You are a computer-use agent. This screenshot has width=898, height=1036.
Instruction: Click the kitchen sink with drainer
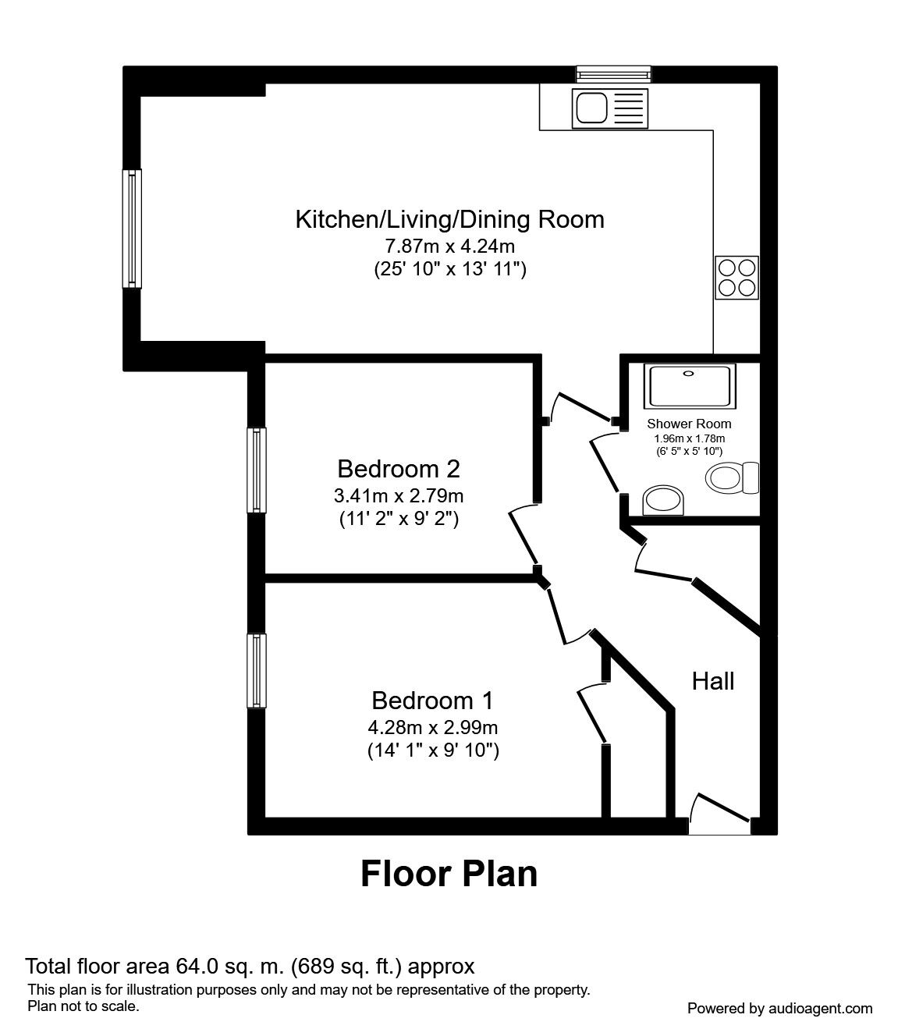click(x=610, y=108)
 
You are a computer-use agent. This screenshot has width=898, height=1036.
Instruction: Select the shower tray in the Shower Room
click(x=688, y=385)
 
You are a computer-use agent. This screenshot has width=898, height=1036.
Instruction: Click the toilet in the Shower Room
click(x=733, y=477)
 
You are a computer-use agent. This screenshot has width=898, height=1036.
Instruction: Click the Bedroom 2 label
click(x=398, y=469)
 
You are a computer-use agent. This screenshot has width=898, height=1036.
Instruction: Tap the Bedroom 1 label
click(x=432, y=700)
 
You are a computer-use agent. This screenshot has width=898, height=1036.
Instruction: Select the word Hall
click(x=713, y=681)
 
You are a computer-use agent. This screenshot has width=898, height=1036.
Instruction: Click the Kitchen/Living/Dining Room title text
click(x=449, y=219)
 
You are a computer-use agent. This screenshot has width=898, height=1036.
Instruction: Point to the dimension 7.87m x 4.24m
click(x=449, y=247)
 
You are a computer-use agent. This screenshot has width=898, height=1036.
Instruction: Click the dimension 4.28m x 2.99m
click(x=432, y=728)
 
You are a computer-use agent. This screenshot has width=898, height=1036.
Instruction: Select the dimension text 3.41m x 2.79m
click(x=398, y=495)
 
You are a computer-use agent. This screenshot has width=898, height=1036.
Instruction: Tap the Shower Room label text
click(x=689, y=424)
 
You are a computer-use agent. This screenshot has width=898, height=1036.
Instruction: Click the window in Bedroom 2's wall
click(x=257, y=470)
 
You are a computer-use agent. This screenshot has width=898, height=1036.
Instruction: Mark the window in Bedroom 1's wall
click(x=257, y=670)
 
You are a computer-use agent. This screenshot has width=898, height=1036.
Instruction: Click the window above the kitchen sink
click(x=612, y=74)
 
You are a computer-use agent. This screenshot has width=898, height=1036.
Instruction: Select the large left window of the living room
click(x=133, y=229)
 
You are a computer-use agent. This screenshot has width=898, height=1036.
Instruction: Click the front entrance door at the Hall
click(x=719, y=815)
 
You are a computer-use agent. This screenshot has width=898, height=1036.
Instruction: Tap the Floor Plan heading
click(x=449, y=875)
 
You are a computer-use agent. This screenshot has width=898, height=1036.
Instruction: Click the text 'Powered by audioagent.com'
click(x=779, y=1009)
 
